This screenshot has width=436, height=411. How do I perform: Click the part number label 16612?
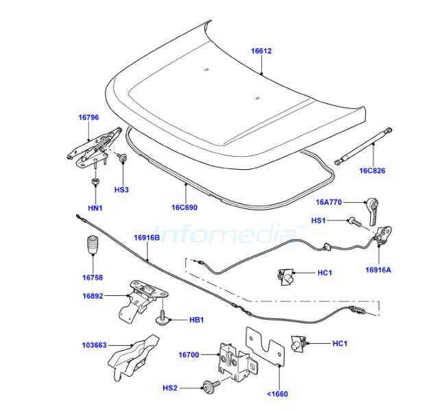[x=261, y=51]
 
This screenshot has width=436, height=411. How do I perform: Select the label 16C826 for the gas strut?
[x=372, y=171]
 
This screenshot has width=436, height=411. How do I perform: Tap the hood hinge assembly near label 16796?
[x=95, y=148]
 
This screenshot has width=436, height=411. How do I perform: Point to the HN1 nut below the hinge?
[x=96, y=182]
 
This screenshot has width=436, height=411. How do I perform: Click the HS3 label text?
[x=121, y=190]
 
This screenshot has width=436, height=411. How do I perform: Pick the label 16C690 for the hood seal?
[x=184, y=208]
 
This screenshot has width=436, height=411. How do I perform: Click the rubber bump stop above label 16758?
[x=93, y=245]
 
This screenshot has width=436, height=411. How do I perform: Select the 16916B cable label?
[x=147, y=238]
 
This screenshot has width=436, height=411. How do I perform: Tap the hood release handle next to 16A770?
[x=372, y=212]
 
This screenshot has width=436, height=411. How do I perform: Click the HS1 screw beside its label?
[x=354, y=222]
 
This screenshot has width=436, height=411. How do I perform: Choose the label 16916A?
[x=378, y=270]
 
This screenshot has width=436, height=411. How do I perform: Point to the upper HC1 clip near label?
[x=285, y=277]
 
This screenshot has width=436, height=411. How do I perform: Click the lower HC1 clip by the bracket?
[x=298, y=344]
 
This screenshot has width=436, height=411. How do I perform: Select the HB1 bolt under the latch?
[x=162, y=317]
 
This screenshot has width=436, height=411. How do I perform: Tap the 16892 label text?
[x=93, y=296]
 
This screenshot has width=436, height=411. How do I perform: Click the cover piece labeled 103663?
[x=132, y=357]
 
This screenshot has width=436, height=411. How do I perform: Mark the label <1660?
[x=277, y=394]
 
